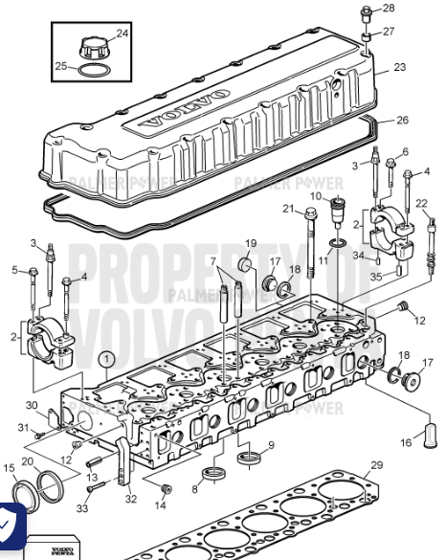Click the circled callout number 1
coord(104,359)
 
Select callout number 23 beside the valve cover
coord(400,67)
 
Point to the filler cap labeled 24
coord(93,45)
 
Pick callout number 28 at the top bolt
coord(389,8)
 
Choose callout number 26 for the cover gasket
coord(402,120)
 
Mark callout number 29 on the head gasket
coord(376,465)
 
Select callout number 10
coord(313,196)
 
